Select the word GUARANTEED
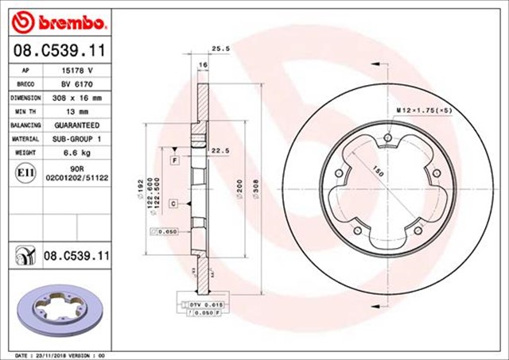[x=76, y=126]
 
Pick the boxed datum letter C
[x=174, y=203]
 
